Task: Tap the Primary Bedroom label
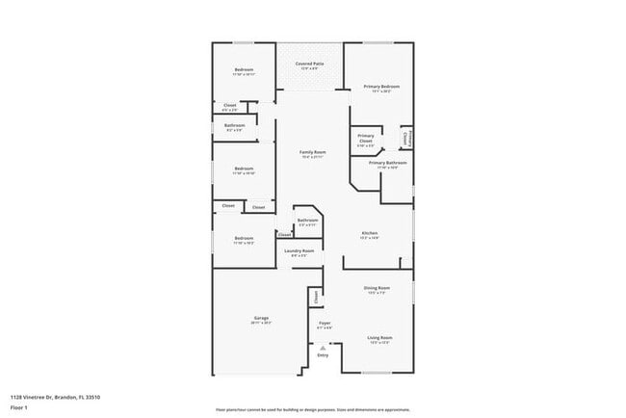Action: tap(381, 87)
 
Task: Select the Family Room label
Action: tap(312, 152)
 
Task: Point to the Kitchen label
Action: tap(369, 233)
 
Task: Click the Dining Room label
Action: tap(377, 288)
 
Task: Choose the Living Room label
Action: tap(379, 337)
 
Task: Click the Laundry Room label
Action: tap(299, 251)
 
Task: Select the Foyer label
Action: tap(325, 324)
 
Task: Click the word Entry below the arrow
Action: tap(323, 355)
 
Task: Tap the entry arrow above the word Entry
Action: tap(323, 347)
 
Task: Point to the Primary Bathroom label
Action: tap(387, 163)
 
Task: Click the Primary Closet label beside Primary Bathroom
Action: tap(366, 139)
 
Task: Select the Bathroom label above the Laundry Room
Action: tap(307, 221)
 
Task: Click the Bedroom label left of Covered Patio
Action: tap(244, 69)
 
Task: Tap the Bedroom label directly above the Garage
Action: tap(244, 238)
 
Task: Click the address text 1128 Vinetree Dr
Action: tap(55, 397)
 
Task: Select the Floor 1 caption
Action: tap(20, 407)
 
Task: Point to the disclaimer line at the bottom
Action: tap(312, 409)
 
